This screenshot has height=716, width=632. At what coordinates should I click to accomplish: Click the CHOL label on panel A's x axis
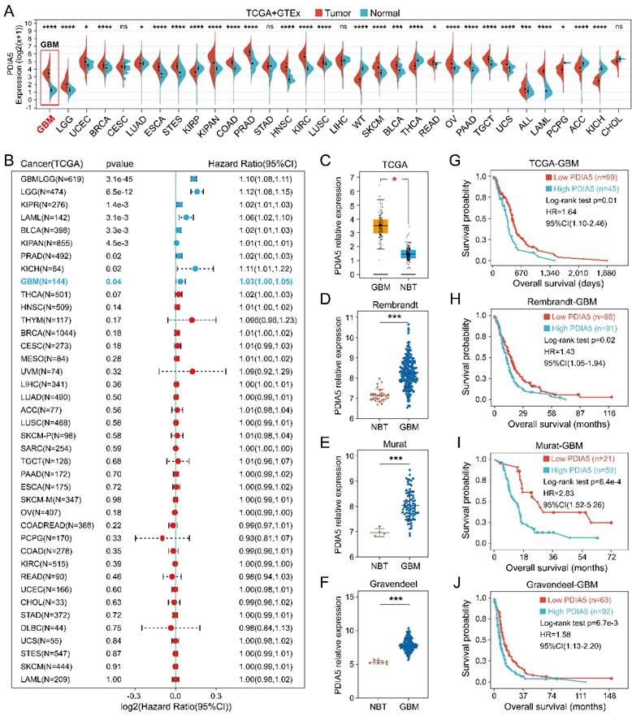[x=617, y=121]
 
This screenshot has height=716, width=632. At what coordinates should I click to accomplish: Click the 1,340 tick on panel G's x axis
[x=561, y=274]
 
